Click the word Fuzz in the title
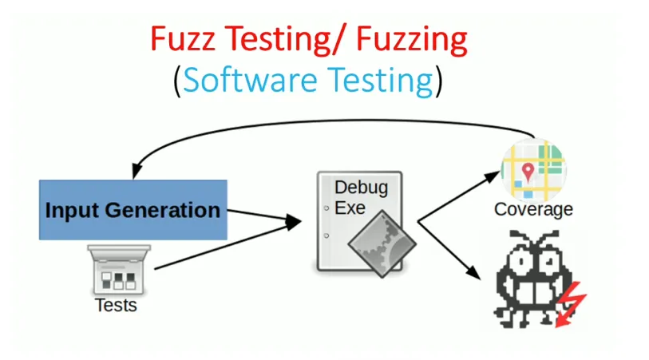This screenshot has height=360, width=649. click(x=179, y=40)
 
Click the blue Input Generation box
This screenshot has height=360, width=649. click(x=133, y=210)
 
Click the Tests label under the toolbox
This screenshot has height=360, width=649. click(x=116, y=305)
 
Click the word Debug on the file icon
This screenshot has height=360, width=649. click(x=361, y=188)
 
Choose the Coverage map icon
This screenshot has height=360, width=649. click(x=533, y=170)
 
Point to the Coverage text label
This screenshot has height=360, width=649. click(x=533, y=210)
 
